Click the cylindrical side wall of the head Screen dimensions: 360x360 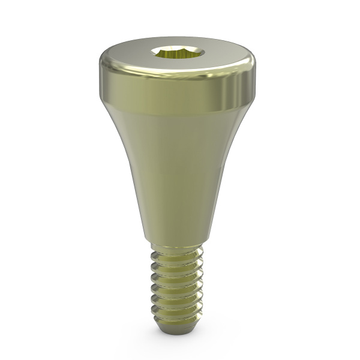point(174,90)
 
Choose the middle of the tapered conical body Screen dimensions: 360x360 point(174,174)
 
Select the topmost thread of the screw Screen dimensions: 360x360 point(175,256)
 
